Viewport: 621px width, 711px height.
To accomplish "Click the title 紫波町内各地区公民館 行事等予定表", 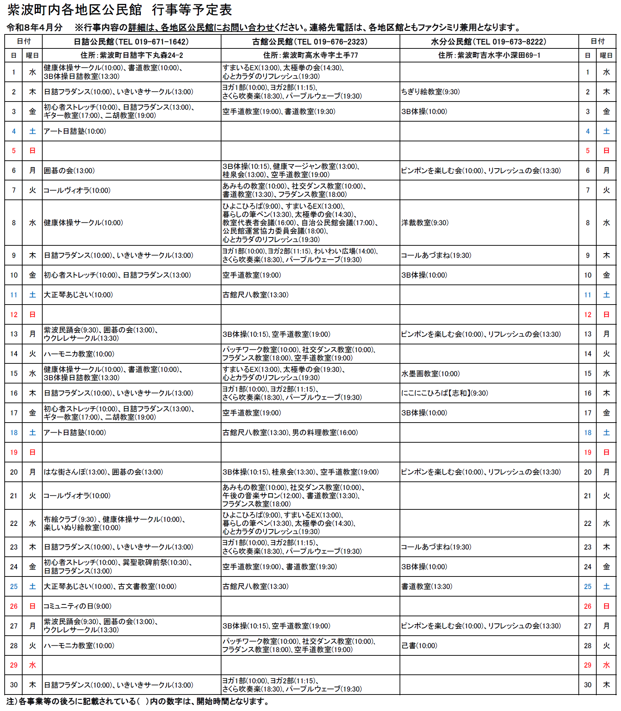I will (x=120, y=10).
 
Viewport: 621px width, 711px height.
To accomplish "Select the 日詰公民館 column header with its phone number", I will (x=131, y=42).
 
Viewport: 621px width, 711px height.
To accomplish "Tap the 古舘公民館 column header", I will (x=310, y=42).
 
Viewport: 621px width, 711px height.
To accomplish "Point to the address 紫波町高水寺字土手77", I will (x=310, y=55).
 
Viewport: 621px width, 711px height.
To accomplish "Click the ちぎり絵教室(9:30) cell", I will (x=430, y=92).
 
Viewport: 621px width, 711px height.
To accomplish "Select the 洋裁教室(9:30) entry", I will (x=425, y=223).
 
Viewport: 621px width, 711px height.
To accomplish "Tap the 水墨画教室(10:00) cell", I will (x=430, y=373).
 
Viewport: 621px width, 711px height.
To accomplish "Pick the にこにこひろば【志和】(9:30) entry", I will (x=444, y=393).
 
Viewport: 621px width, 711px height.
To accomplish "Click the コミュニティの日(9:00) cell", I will (x=77, y=606).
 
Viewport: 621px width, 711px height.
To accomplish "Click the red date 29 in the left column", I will (x=14, y=665).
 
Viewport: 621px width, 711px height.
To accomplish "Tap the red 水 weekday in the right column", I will (x=606, y=665).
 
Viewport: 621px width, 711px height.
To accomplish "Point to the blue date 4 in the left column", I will (x=14, y=131).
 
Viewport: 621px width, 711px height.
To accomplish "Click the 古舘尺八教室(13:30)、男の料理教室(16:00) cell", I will (x=290, y=433).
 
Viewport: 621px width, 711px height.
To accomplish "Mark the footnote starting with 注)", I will (x=138, y=702).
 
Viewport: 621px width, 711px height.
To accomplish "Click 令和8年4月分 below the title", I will (x=34, y=27).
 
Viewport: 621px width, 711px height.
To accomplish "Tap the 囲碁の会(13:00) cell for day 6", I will (x=69, y=171).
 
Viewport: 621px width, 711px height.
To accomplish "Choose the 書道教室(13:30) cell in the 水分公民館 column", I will (x=426, y=587).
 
